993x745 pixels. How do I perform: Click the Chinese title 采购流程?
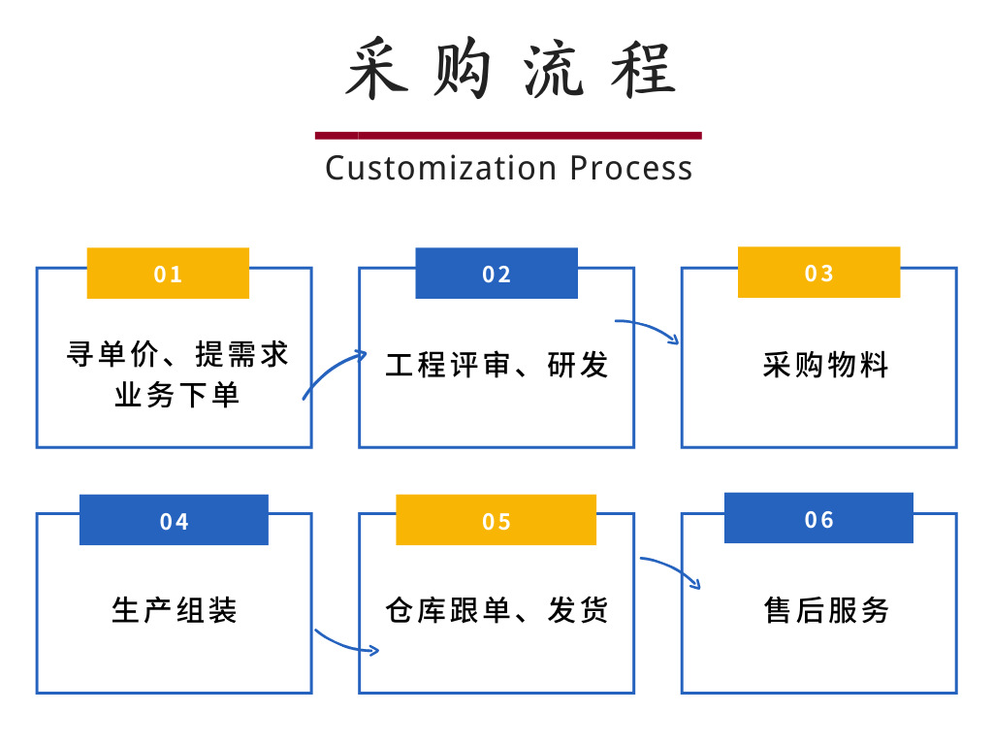508,70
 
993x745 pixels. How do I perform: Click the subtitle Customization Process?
508,168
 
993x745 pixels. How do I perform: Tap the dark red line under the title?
508,136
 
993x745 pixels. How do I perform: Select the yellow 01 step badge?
168,274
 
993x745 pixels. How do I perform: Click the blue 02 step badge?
496,274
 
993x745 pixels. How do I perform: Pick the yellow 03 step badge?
818,273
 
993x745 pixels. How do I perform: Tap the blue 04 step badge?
174,521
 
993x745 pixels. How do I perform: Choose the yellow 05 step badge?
496,521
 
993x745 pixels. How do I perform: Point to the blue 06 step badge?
818,519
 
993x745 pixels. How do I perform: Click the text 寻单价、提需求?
177,354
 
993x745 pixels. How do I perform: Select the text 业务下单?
177,396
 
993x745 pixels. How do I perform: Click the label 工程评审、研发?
496,366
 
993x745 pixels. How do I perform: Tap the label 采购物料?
825,366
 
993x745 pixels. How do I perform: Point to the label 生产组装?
175,611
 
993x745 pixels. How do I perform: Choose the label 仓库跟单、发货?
496,611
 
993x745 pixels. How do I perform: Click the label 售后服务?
826,611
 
